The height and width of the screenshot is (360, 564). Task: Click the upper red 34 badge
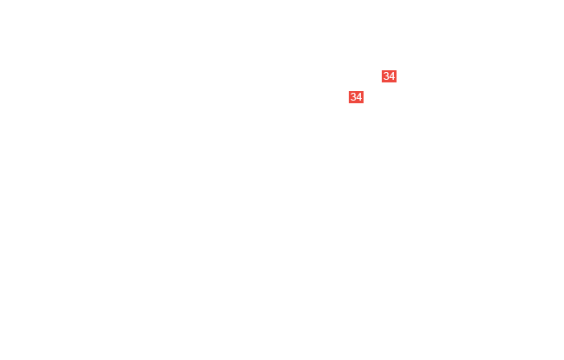(390, 76)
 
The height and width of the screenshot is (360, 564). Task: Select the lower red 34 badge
(356, 97)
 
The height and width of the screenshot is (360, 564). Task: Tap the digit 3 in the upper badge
(386, 76)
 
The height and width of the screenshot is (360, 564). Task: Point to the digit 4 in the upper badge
(392, 76)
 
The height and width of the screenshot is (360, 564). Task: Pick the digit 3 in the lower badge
(353, 97)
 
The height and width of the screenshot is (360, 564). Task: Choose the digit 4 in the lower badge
(359, 97)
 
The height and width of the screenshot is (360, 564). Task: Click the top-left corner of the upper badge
(382, 70)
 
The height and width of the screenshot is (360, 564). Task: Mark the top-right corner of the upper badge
(397, 70)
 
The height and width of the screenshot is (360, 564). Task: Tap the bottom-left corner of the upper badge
(382, 82)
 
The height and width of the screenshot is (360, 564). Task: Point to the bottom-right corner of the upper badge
(397, 82)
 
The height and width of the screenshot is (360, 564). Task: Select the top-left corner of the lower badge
(349, 91)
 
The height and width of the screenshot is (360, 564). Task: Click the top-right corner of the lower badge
(364, 91)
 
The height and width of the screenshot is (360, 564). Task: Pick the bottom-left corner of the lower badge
(349, 103)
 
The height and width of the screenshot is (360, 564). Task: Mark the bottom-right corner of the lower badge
(364, 103)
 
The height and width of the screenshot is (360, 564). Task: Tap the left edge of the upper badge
(382, 76)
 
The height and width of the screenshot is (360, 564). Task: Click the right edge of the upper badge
(397, 76)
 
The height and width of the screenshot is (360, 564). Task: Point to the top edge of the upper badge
(390, 70)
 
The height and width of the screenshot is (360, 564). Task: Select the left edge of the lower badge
(349, 97)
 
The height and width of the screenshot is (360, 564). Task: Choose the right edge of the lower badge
(364, 97)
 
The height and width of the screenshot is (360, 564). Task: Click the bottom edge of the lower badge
(356, 103)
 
